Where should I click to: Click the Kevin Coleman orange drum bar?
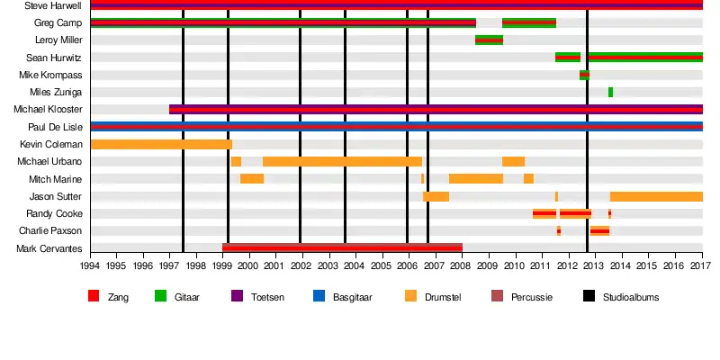point(161,144)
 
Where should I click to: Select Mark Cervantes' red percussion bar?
point(342,247)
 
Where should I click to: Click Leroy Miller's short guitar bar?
point(489,40)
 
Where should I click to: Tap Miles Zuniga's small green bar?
point(610,92)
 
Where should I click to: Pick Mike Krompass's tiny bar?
point(584,75)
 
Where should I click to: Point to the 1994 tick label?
point(90,266)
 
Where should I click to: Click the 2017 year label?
point(702,266)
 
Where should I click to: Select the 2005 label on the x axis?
point(382,266)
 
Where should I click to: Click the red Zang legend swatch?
point(94,295)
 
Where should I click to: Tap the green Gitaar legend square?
point(161,295)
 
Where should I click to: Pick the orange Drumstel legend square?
point(410,295)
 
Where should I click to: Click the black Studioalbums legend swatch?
point(589,295)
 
